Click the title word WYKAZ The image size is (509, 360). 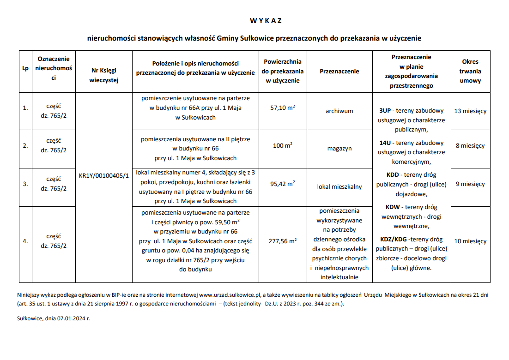pyautogui.click(x=266, y=21)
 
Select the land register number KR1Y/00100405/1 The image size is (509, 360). pyautogui.click(x=104, y=176)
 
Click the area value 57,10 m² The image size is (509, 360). pyautogui.click(x=283, y=108)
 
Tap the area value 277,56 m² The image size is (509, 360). pyautogui.click(x=283, y=241)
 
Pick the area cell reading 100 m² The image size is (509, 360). pyautogui.click(x=283, y=146)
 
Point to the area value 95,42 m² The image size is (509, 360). pyautogui.click(x=283, y=184)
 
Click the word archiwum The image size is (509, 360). pyautogui.click(x=339, y=111)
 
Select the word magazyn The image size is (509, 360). pyautogui.click(x=339, y=149)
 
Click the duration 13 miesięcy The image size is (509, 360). pyautogui.click(x=470, y=111)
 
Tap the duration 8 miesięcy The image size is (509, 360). pyautogui.click(x=470, y=146)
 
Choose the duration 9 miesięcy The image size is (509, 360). pyautogui.click(x=470, y=184)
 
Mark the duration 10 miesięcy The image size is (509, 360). pyautogui.click(x=470, y=241)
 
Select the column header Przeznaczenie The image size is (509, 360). pyautogui.click(x=339, y=72)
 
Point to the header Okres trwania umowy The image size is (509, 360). pyautogui.click(x=470, y=71)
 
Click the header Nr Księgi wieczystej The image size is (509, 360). pyautogui.click(x=104, y=75)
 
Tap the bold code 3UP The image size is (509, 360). pyautogui.click(x=385, y=111)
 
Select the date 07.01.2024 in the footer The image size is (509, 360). pyautogui.click(x=70, y=318)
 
